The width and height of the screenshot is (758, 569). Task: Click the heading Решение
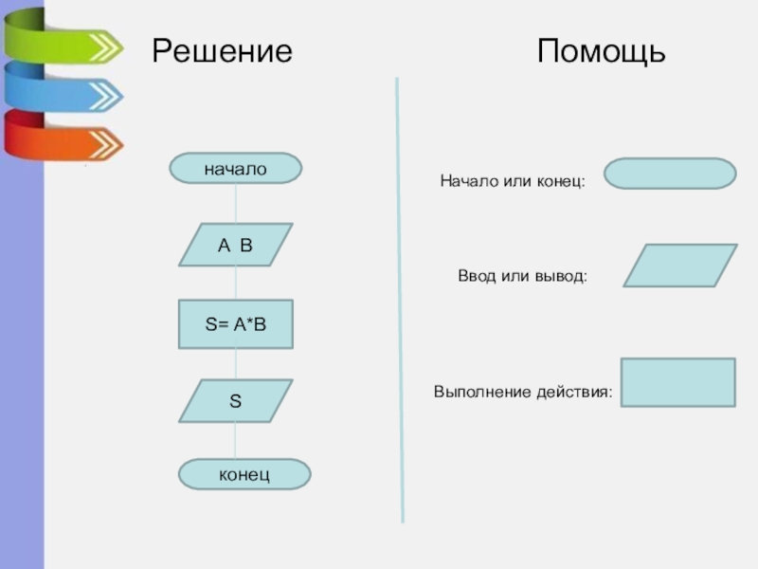[223, 51]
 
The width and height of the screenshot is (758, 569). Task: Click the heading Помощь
[602, 51]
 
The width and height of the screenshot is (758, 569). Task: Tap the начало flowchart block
[235, 169]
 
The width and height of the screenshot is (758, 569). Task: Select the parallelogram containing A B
[235, 245]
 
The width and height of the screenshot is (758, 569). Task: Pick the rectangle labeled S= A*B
[235, 324]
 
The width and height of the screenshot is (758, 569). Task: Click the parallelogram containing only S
[235, 401]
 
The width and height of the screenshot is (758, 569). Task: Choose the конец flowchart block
[244, 474]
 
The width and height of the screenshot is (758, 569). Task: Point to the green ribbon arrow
[63, 38]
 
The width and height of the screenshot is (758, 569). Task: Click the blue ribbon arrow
[63, 88]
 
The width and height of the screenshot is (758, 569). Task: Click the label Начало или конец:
[513, 181]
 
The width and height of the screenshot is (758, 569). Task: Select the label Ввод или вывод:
[523, 276]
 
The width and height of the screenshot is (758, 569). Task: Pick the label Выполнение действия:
[523, 392]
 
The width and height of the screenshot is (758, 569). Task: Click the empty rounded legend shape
[670, 174]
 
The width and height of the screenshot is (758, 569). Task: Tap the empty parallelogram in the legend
[680, 266]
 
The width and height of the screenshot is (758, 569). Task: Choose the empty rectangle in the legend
[678, 383]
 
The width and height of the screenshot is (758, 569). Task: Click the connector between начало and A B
[236, 203]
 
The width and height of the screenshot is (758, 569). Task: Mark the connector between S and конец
[236, 441]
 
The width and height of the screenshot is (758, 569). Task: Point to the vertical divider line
[400, 300]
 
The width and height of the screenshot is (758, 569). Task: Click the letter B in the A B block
[246, 246]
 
